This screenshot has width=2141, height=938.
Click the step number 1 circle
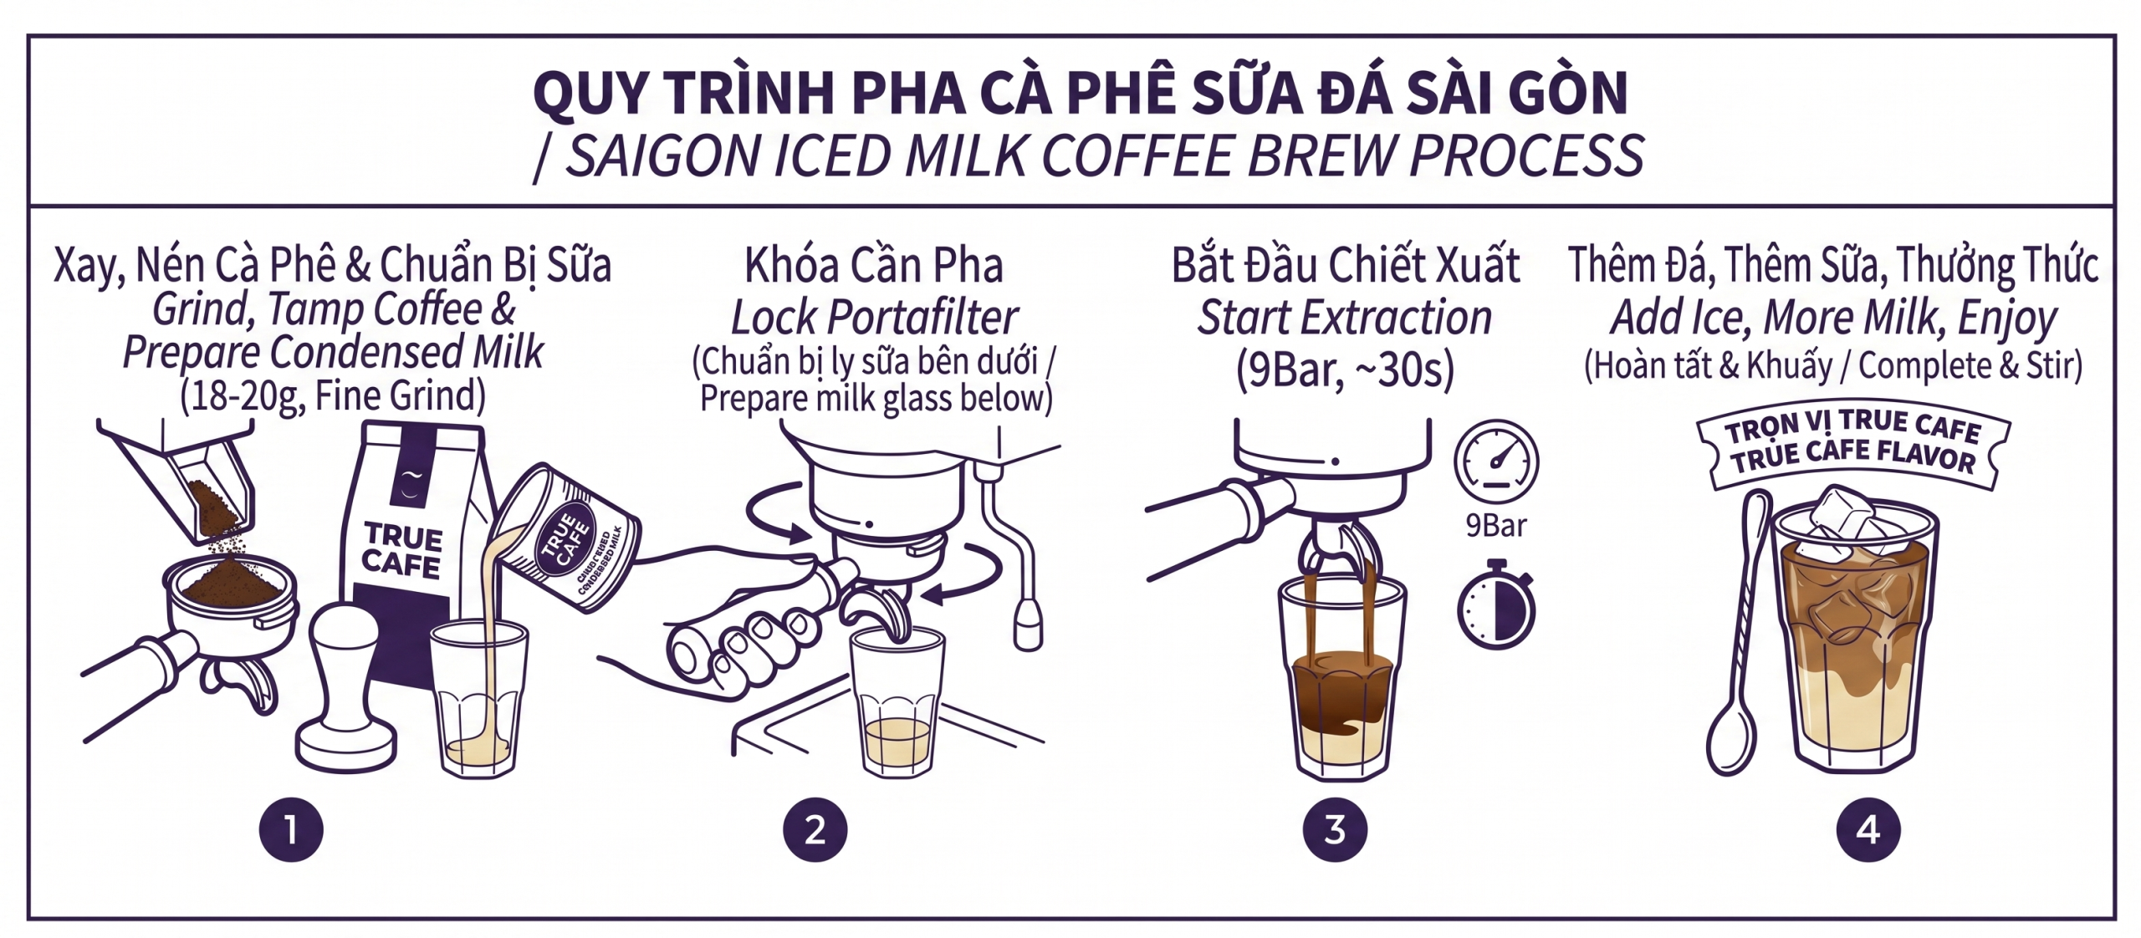click(x=291, y=830)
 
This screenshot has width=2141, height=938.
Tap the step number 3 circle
click(x=1335, y=830)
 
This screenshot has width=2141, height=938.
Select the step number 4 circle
click(x=1868, y=830)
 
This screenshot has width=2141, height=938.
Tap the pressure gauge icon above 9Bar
click(x=1496, y=462)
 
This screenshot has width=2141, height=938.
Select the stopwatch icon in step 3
click(x=1496, y=609)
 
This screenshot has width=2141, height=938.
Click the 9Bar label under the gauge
click(x=1496, y=526)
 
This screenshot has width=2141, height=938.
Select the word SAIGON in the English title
click(x=661, y=156)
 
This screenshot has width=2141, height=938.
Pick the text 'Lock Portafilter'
click(x=874, y=318)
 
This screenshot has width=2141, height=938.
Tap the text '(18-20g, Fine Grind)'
click(x=333, y=395)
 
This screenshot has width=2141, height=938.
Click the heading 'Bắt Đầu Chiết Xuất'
click(x=1345, y=265)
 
